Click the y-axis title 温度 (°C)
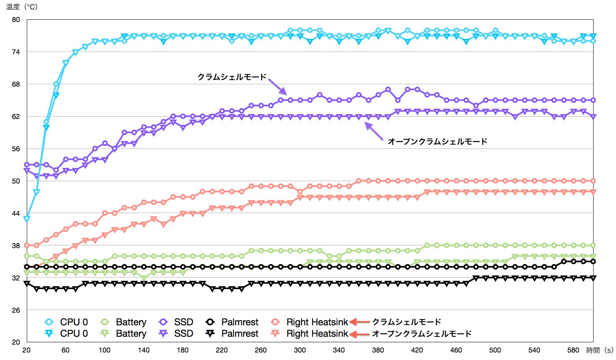pyautogui.click(x=22, y=7)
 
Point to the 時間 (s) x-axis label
pyautogui.click(x=599, y=350)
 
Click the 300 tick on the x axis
pyautogui.click(x=300, y=350)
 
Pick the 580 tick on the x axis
pyautogui.click(x=573, y=350)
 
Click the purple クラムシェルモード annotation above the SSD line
pyautogui.click(x=232, y=77)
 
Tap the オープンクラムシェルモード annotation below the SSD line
pyautogui.click(x=437, y=141)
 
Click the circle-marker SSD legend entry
pyautogui.click(x=176, y=322)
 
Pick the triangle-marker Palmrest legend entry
pyautogui.click(x=232, y=334)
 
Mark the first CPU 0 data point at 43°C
pyautogui.click(x=27, y=219)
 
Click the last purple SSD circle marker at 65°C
pyautogui.click(x=593, y=100)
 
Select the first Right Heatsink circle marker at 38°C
pyautogui.click(x=27, y=245)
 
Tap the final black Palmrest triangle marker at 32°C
pyautogui.click(x=593, y=278)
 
